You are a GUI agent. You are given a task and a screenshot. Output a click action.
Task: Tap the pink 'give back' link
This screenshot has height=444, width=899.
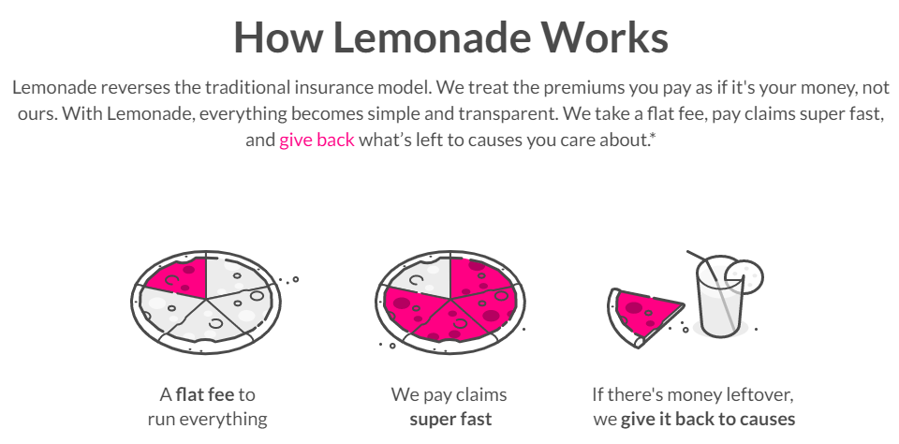coord(317,140)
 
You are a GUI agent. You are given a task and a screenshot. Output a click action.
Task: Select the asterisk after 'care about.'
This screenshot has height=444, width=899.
coord(653,136)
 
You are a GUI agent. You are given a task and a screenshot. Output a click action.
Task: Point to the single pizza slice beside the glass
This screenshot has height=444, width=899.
coord(642,316)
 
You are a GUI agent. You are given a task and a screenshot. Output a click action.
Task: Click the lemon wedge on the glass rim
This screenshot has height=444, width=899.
coord(744,275)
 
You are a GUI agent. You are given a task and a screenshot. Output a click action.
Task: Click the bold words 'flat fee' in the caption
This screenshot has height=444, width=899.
coord(205,394)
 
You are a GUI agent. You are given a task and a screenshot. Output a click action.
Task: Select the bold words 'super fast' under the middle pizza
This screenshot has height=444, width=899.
coord(450,419)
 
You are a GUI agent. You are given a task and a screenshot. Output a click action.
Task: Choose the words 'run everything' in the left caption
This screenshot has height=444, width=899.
coord(207,420)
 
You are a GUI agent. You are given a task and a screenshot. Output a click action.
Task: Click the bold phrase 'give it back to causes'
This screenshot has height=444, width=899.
coord(708,420)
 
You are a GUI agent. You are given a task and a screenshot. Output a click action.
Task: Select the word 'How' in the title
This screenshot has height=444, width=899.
coord(277,37)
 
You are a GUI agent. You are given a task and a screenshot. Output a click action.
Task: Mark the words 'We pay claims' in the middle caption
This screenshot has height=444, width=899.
coord(449,395)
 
